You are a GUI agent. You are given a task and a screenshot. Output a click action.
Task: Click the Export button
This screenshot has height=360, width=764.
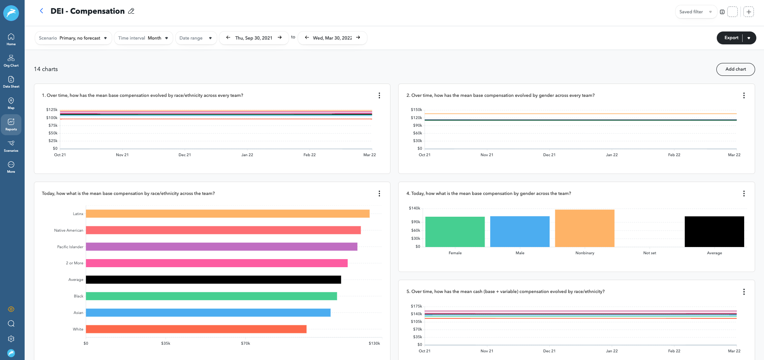731,38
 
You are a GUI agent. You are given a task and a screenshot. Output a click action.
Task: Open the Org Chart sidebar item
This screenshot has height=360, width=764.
11,61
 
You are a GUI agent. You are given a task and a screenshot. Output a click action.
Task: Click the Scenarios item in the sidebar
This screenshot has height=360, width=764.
11,146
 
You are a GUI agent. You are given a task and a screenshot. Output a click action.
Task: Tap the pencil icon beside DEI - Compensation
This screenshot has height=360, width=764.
131,11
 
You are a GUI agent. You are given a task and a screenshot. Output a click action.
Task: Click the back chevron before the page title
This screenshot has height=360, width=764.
41,11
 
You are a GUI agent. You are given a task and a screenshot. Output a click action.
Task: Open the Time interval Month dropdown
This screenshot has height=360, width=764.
143,38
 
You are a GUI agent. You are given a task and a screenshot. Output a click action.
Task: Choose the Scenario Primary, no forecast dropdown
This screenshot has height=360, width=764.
73,38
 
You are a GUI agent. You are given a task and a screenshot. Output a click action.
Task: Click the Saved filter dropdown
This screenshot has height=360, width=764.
695,12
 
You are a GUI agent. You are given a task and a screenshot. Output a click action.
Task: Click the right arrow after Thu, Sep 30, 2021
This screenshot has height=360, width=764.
280,38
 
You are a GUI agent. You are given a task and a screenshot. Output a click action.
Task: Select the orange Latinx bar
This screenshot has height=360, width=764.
227,213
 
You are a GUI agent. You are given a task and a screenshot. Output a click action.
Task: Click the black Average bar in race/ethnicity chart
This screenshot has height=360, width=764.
213,279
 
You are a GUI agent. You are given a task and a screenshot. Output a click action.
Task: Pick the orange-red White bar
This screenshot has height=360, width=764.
196,329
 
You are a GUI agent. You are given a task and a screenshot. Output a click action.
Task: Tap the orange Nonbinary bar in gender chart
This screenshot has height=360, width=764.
584,228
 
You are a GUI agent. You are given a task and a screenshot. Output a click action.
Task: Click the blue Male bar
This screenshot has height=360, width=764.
520,232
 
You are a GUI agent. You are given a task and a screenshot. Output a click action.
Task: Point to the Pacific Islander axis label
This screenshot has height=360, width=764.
70,247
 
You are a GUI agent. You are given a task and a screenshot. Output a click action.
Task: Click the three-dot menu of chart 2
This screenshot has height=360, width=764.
743,96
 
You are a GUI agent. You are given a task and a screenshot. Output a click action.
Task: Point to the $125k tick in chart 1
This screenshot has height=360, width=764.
52,110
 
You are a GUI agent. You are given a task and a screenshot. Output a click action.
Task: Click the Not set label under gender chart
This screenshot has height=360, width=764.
649,253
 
